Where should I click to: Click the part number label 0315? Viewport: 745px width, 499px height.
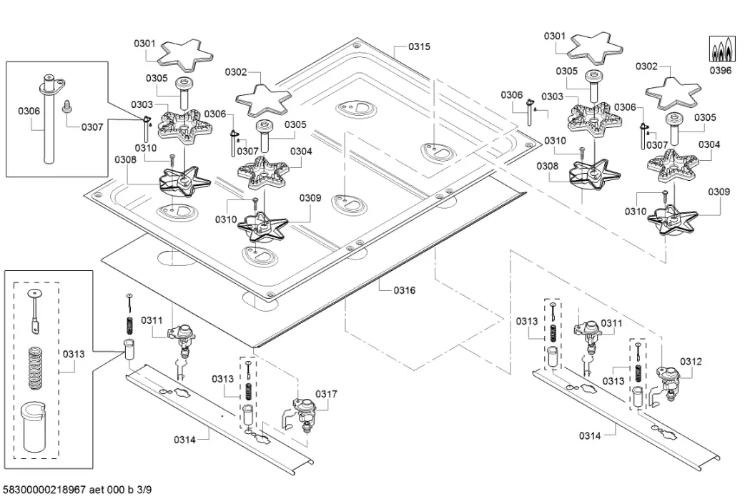419,46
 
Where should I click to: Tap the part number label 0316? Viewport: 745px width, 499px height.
404,290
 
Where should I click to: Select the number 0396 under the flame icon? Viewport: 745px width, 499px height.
721,71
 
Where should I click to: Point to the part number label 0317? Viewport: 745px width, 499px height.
326,394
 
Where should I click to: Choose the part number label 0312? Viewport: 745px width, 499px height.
691,362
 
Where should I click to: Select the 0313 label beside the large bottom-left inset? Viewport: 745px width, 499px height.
74,352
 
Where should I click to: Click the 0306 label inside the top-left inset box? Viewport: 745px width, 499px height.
29,111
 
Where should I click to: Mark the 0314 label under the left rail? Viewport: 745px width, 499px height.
184,439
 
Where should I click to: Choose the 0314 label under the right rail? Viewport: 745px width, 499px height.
591,435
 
